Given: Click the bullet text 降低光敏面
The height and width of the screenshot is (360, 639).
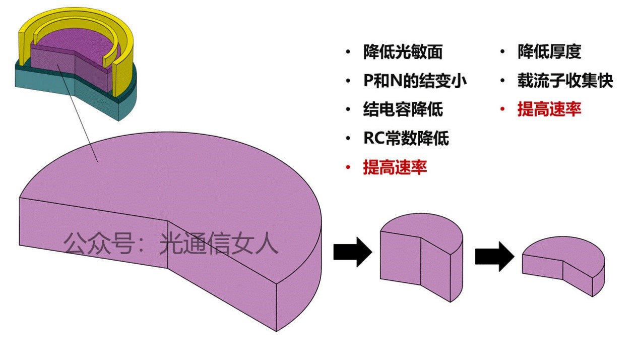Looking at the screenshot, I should [x=403, y=52].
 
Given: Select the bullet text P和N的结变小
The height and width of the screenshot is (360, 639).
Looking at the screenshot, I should [x=415, y=81].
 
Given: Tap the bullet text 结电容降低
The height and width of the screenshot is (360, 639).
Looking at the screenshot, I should [x=403, y=109].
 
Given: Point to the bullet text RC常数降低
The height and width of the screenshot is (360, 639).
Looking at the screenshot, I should [x=406, y=138].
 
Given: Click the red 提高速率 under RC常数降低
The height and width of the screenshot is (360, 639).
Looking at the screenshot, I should [x=395, y=167].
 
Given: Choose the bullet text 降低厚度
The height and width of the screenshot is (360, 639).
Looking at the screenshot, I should [x=549, y=52].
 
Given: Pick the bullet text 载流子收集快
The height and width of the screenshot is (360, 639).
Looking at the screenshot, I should [x=565, y=81].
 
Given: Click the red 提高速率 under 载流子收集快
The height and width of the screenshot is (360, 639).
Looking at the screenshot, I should [x=549, y=109].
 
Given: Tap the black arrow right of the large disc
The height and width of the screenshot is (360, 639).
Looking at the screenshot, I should [x=352, y=252].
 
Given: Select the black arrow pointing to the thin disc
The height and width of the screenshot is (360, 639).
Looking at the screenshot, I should [x=494, y=256].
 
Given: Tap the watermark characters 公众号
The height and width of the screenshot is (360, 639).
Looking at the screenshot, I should [x=98, y=244].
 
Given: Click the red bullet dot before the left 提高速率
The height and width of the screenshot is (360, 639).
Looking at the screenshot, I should [x=347, y=167].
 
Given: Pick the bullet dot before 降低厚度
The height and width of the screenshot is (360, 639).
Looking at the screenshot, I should [x=502, y=52].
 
